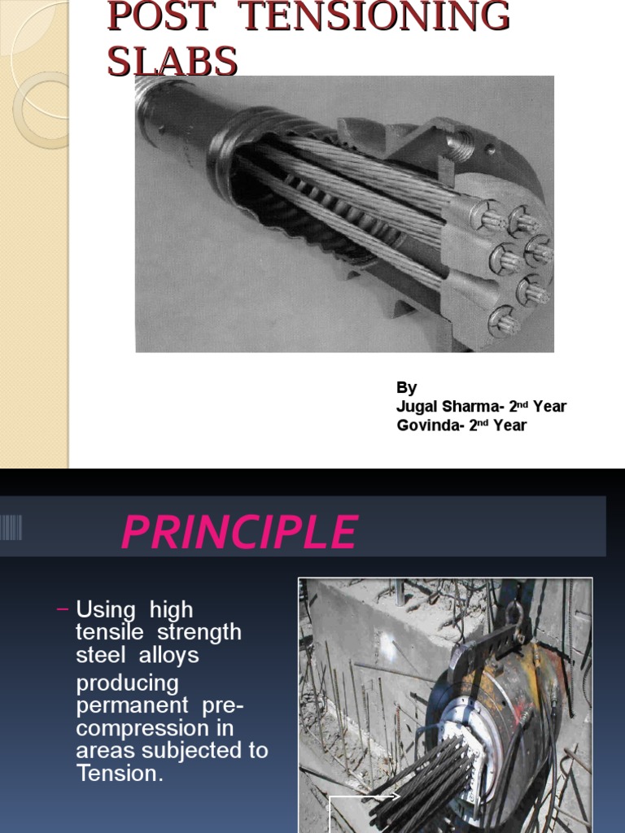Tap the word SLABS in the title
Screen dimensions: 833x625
[x=173, y=61]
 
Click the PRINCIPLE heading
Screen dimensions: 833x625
[x=238, y=533]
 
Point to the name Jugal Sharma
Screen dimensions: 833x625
[x=441, y=406]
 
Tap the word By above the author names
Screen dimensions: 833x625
[x=406, y=388]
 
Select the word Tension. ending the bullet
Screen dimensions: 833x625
[x=120, y=774]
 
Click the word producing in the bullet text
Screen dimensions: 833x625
[x=127, y=682]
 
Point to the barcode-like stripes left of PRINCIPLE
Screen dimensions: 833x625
[x=11, y=530]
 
